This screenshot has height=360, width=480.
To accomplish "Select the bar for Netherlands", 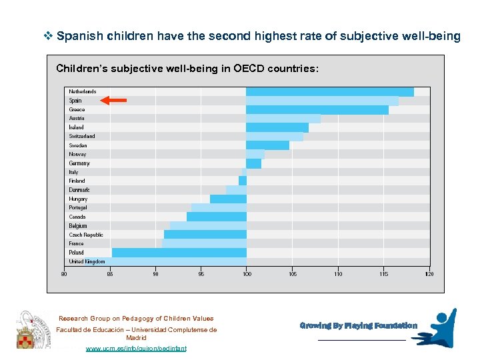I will (329, 92).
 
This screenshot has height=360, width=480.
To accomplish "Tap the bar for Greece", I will (317, 110).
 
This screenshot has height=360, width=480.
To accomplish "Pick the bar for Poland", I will (179, 253).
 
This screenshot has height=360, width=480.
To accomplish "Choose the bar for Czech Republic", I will (205, 235).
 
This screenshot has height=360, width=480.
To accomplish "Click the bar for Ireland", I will (277, 127).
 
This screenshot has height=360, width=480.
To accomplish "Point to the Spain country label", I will (75, 101).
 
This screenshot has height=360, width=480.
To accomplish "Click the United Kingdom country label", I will (87, 261).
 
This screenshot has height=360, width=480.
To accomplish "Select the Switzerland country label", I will (82, 137).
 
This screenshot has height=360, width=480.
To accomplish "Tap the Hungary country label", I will (78, 199).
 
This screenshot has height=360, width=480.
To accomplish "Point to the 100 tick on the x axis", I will (247, 273).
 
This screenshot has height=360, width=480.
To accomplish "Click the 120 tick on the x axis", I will (429, 273).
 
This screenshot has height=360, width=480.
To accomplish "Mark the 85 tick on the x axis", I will (110, 273).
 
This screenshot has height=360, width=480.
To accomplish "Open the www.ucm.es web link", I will (136, 349).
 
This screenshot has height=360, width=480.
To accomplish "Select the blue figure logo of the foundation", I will (437, 327).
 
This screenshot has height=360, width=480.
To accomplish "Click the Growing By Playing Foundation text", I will (358, 326).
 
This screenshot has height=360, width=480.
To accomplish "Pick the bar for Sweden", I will (267, 145).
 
